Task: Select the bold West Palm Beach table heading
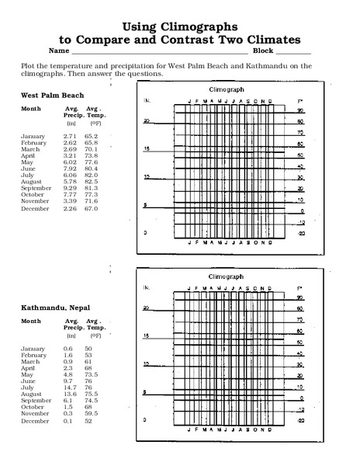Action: (50, 94)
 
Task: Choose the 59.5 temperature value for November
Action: (90, 414)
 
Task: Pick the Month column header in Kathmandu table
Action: (30, 320)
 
